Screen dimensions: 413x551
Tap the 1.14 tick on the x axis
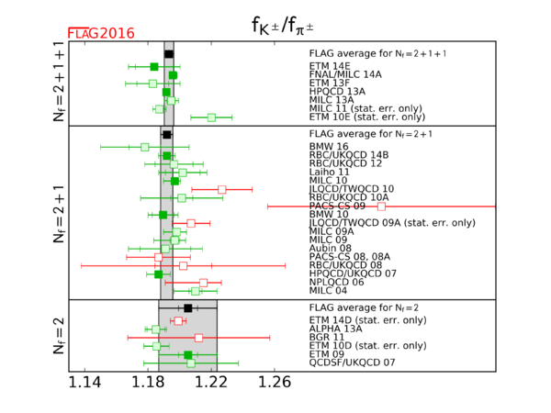click(86, 383)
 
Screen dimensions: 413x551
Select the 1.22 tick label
click(212, 383)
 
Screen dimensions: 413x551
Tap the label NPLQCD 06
click(337, 282)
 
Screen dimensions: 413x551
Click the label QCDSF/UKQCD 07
click(353, 363)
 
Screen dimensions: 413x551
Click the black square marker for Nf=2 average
click(187, 308)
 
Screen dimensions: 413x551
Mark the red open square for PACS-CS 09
click(381, 206)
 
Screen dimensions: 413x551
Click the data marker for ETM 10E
click(211, 117)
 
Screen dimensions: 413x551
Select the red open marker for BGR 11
click(198, 338)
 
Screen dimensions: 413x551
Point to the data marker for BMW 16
click(145, 147)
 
